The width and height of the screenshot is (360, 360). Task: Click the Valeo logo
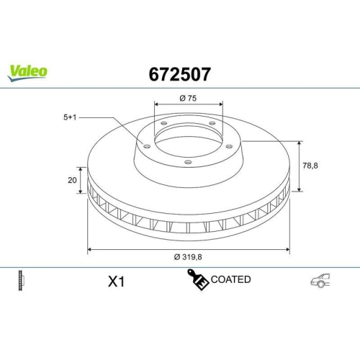(28, 71)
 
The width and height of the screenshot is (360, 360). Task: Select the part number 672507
(179, 73)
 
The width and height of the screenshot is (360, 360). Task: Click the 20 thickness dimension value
(72, 180)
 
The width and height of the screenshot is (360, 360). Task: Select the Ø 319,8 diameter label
(187, 258)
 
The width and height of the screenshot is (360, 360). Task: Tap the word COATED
(231, 279)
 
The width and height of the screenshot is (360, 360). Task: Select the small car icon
(320, 282)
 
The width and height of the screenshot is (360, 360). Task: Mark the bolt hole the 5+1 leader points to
(148, 147)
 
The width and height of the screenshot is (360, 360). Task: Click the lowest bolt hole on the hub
(188, 162)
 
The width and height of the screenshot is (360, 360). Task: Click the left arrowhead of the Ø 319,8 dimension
(90, 250)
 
